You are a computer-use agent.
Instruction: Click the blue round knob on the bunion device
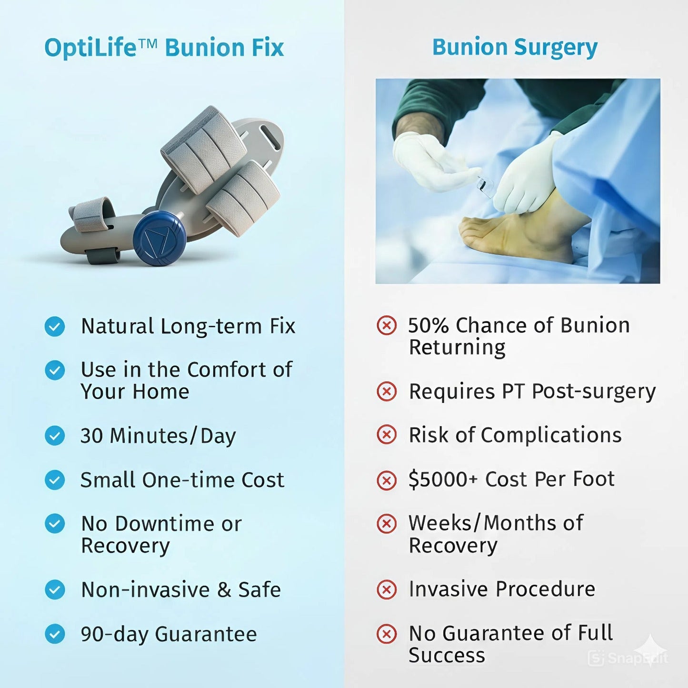159,238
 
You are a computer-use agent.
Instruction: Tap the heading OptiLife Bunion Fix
164,48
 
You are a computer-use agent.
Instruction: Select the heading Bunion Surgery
514,47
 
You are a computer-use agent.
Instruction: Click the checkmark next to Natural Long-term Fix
55,327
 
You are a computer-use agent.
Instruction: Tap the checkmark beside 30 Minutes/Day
55,436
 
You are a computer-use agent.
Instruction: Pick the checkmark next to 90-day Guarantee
55,634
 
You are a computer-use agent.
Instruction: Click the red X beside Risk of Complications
386,435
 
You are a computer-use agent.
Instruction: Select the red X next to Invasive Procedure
386,589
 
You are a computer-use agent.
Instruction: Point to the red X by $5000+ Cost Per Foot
386,480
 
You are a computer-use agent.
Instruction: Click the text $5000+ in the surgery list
443,479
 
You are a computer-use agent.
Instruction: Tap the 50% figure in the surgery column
429,326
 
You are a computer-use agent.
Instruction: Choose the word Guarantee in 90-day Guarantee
206,634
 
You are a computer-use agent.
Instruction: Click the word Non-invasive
145,590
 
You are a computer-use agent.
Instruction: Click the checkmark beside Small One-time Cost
55,480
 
